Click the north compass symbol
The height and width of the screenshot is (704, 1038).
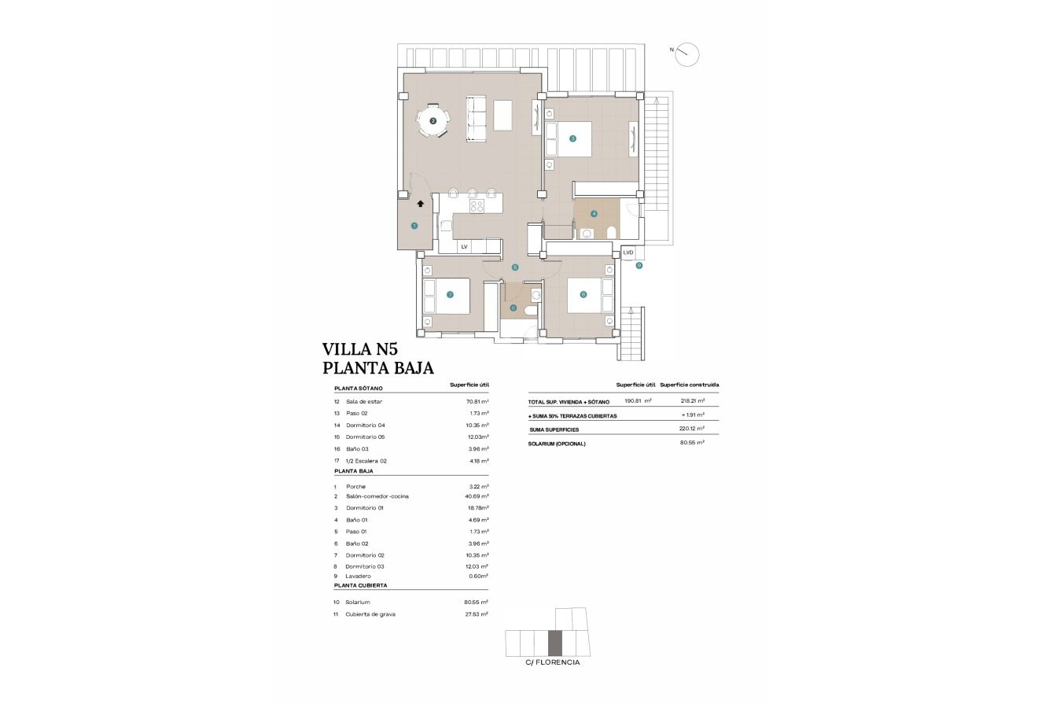coord(687,53)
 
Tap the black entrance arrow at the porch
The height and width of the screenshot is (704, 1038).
coord(421,203)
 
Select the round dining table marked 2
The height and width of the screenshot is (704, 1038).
coord(432,121)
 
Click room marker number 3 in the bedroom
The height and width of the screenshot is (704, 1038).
coord(572,138)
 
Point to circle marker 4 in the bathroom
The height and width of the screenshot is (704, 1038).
coord(594,213)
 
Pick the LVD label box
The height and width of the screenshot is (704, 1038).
coord(628,252)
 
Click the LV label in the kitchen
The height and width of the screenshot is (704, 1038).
coord(464,247)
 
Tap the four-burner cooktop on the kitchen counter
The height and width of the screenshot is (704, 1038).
coord(477,206)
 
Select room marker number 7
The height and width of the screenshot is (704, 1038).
coord(450,295)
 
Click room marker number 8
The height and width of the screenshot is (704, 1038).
coord(583,295)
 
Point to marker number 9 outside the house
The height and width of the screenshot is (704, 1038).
coord(639,266)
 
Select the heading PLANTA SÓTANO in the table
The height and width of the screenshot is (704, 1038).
coord(359,389)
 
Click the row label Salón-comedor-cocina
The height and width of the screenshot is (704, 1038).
coord(377,496)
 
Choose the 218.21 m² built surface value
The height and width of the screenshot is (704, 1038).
coord(692,400)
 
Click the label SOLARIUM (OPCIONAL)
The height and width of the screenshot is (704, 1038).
coord(557,444)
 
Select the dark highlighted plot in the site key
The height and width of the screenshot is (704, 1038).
coord(555,643)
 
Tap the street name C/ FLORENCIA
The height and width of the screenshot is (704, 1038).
coord(553,662)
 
